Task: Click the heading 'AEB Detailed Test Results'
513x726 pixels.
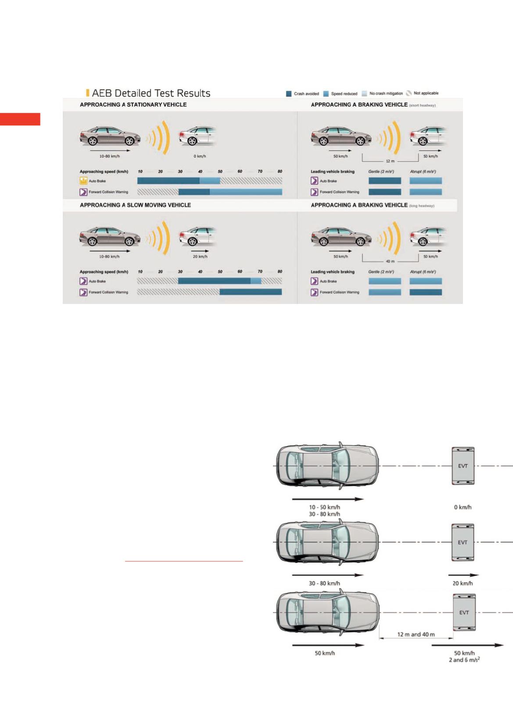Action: click(151, 93)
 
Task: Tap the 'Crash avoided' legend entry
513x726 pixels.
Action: click(303, 94)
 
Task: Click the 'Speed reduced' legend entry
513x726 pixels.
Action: click(341, 94)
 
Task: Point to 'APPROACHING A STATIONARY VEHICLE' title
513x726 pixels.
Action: click(133, 105)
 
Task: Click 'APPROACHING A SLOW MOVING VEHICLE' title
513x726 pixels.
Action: click(135, 205)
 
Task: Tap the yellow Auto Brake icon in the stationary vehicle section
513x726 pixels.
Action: click(83, 181)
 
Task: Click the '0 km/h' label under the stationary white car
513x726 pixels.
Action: click(200, 156)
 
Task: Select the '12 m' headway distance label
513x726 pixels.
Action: click(390, 161)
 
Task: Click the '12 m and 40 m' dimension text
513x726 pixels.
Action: click(416, 634)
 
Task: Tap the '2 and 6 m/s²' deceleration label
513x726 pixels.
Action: click(464, 660)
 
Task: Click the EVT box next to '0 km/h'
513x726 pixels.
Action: click(463, 466)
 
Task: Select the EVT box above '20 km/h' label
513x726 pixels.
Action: click(463, 542)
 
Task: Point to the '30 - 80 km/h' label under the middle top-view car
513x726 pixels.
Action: click(324, 583)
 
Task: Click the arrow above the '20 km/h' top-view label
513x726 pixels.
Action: click(463, 574)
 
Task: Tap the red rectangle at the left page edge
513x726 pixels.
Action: click(20, 119)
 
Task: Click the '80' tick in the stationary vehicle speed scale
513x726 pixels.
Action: click(280, 171)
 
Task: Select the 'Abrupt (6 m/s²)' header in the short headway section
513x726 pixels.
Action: click(423, 171)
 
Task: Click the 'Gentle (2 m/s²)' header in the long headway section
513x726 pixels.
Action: click(381, 272)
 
